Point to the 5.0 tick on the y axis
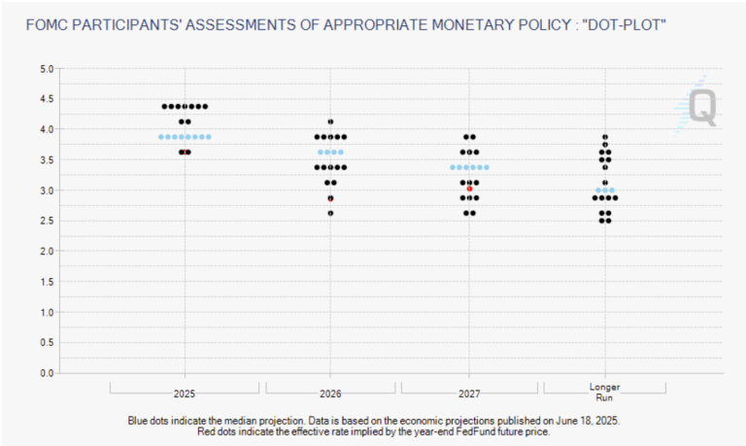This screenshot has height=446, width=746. pos(47,69)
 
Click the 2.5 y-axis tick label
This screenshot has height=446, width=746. pos(47,221)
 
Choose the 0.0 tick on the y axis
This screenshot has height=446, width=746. pos(47,373)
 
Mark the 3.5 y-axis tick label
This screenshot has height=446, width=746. pos(47,160)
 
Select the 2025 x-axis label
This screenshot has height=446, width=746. pos(185,395)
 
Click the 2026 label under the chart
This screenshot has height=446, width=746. pos(330,395)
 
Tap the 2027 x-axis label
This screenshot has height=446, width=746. pos(469,395)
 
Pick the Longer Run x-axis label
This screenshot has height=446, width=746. pos(605,393)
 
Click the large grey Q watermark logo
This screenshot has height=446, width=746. pos(702,108)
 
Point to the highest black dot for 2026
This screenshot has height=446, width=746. pos(330,121)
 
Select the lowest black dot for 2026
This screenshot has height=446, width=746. pos(330,213)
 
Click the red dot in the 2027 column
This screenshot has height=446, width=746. pos(469,189)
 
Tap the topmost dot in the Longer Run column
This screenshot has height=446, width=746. pos(605,137)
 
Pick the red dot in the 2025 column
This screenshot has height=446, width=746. pos(185,153)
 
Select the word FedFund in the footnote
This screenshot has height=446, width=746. pos(473,431)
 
